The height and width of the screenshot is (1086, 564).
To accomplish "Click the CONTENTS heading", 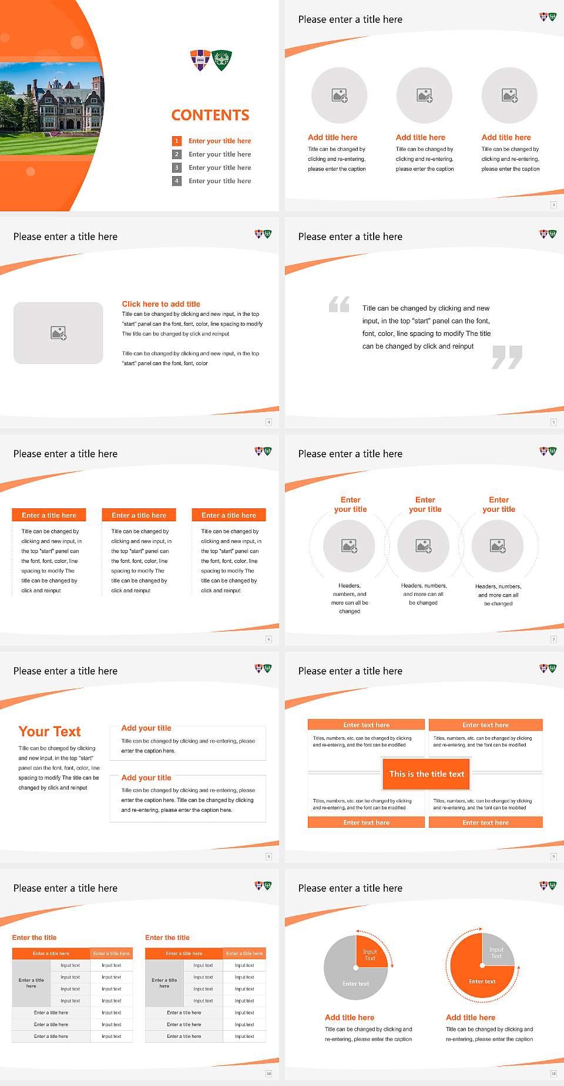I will point(210,115).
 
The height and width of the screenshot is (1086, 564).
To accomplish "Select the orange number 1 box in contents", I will point(176,141).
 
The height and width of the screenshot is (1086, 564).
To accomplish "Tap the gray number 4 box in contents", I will point(176,181).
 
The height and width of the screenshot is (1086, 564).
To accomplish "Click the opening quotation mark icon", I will point(339,304).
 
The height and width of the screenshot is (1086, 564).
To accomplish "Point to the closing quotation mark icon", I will point(507,357).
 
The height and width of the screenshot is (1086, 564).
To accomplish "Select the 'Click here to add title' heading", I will point(161,304).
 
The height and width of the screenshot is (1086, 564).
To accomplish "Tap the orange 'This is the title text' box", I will point(427,774).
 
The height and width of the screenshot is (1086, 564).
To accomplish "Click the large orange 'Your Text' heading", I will point(50,731).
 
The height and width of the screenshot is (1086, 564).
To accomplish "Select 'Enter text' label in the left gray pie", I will point(355,984).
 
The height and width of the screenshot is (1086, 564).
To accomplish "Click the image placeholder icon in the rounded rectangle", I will point(58,333).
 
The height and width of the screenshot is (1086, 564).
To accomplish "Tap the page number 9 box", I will point(553,856).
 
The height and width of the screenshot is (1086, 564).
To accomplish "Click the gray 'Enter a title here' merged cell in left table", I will point(31,983).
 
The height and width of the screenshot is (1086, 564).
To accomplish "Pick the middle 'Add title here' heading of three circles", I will point(420,137).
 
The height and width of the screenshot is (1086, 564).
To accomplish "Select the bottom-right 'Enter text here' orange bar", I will point(485,822).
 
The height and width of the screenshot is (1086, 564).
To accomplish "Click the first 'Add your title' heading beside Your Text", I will point(146,728).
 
